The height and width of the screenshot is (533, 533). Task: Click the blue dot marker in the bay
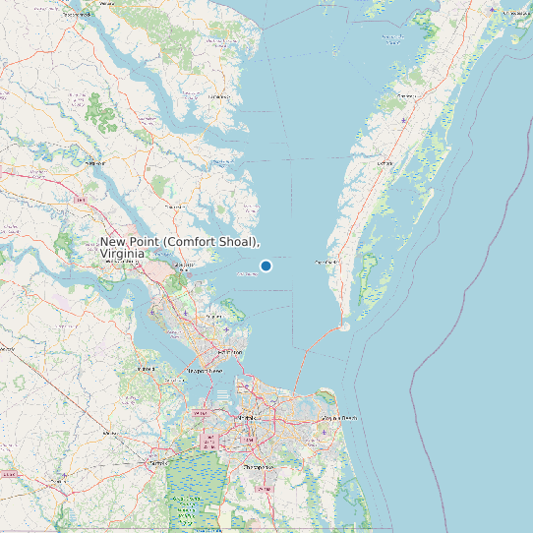[x=266, y=266]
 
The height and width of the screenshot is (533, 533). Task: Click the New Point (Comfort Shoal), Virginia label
[x=180, y=247]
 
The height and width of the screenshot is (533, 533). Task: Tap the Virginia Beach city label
[x=335, y=418]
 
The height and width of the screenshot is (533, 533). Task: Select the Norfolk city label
[x=245, y=416]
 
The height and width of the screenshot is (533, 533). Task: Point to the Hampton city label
[x=230, y=351]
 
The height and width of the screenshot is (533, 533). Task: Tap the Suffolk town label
[x=155, y=460]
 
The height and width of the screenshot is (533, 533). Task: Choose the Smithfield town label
[x=148, y=368]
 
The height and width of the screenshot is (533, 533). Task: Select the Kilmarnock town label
[x=219, y=96]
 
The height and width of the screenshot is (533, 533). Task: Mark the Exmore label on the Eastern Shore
[x=385, y=161]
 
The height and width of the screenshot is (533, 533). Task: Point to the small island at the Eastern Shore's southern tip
[x=344, y=326]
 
